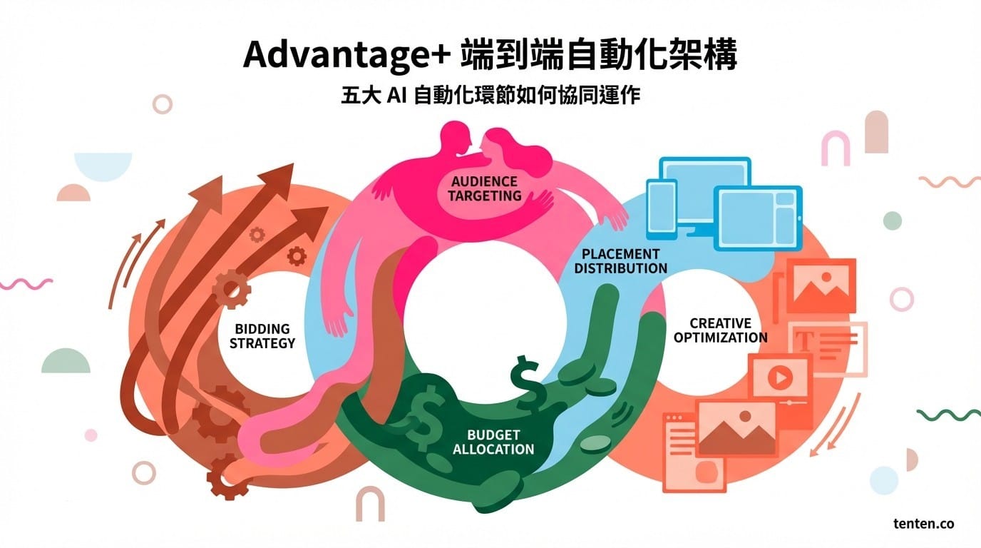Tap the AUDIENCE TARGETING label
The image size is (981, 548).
click(484, 188)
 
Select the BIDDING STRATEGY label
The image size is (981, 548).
click(262, 336)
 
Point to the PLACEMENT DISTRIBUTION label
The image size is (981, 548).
click(620, 261)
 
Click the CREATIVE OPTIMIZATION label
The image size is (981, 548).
click(720, 330)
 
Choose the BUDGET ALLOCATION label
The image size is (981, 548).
click(493, 442)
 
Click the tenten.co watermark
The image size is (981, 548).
click(924, 524)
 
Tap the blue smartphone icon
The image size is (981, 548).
click(662, 210)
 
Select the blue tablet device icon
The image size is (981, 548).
click(758, 219)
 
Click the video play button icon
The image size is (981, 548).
click(780, 377)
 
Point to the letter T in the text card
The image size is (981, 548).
click(805, 342)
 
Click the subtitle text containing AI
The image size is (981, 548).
click(490, 95)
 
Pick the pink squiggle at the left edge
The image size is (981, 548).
click(26, 284)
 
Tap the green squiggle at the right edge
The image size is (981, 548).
click(949, 415)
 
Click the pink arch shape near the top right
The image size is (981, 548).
click(835, 148)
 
